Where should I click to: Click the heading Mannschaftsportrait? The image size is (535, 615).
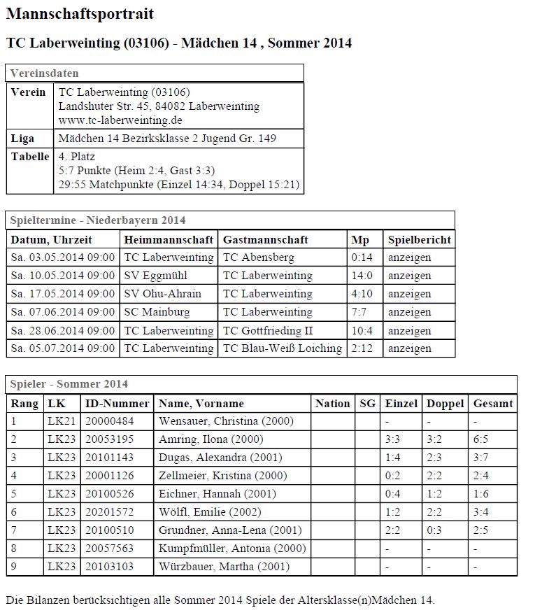click(80, 14)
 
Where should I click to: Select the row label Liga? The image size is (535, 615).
click(22, 139)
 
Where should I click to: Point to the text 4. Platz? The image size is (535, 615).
click(77, 157)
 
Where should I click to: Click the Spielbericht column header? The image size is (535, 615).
click(419, 239)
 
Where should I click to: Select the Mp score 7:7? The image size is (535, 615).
click(359, 312)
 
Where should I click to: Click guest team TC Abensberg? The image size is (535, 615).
click(258, 257)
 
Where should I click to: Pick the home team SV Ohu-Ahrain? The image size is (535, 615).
click(162, 294)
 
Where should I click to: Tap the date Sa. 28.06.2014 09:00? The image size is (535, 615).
click(62, 330)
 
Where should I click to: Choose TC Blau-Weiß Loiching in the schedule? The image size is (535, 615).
click(283, 348)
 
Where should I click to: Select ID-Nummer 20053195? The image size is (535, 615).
click(109, 439)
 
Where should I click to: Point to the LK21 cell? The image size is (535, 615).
click(59, 421)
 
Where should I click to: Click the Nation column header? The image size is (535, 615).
click(332, 403)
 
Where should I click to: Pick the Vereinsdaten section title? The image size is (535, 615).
click(44, 73)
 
